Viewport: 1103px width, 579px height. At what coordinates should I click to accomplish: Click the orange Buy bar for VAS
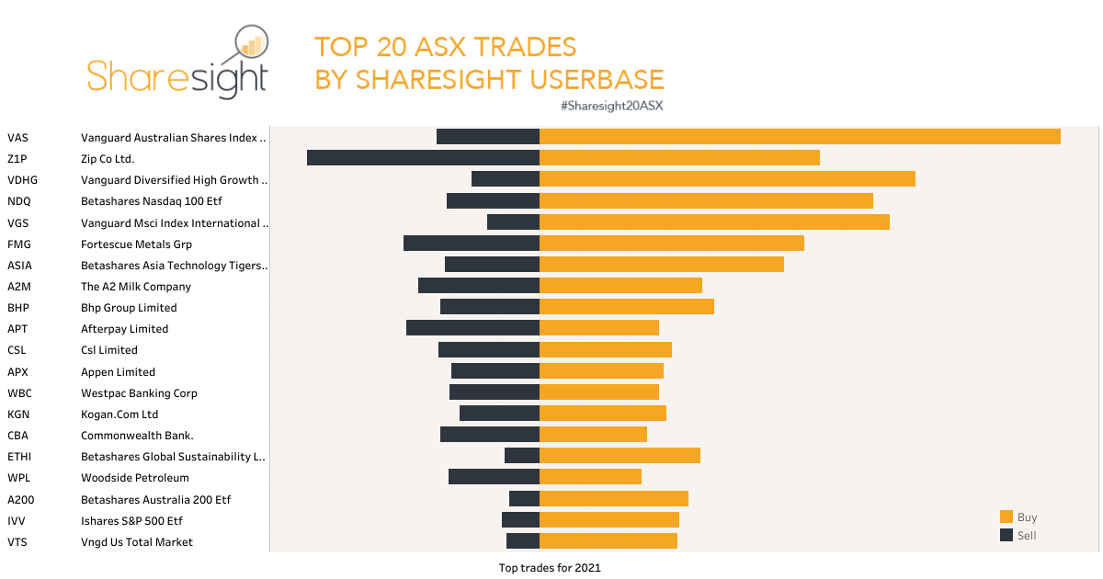tap(800, 137)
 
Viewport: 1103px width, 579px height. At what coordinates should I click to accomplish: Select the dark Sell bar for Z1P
tap(423, 158)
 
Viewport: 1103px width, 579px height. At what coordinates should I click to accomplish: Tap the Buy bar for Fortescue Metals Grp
tap(671, 244)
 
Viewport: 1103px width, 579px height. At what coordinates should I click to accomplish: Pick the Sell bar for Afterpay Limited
tap(472, 328)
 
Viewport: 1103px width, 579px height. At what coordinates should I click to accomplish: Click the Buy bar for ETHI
tap(620, 456)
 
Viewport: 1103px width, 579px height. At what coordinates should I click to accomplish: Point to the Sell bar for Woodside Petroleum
tap(494, 477)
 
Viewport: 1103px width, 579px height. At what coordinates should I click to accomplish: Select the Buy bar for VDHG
tap(727, 179)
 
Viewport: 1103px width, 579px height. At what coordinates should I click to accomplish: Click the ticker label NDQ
tap(18, 201)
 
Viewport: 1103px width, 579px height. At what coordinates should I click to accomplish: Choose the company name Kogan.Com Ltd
tap(119, 414)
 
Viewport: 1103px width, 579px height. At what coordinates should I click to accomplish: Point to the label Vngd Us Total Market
tap(137, 542)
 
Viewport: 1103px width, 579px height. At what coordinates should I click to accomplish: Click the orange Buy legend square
tap(1006, 517)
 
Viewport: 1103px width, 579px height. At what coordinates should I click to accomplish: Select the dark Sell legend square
tap(1006, 535)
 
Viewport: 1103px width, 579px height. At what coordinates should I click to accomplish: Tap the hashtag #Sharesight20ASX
tap(611, 106)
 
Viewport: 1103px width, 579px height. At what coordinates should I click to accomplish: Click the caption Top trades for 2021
tap(550, 568)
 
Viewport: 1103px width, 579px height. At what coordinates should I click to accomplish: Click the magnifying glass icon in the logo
tap(250, 44)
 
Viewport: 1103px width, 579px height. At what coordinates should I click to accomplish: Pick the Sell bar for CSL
tap(488, 350)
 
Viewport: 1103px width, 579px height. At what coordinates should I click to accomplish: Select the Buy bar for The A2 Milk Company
tap(620, 286)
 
